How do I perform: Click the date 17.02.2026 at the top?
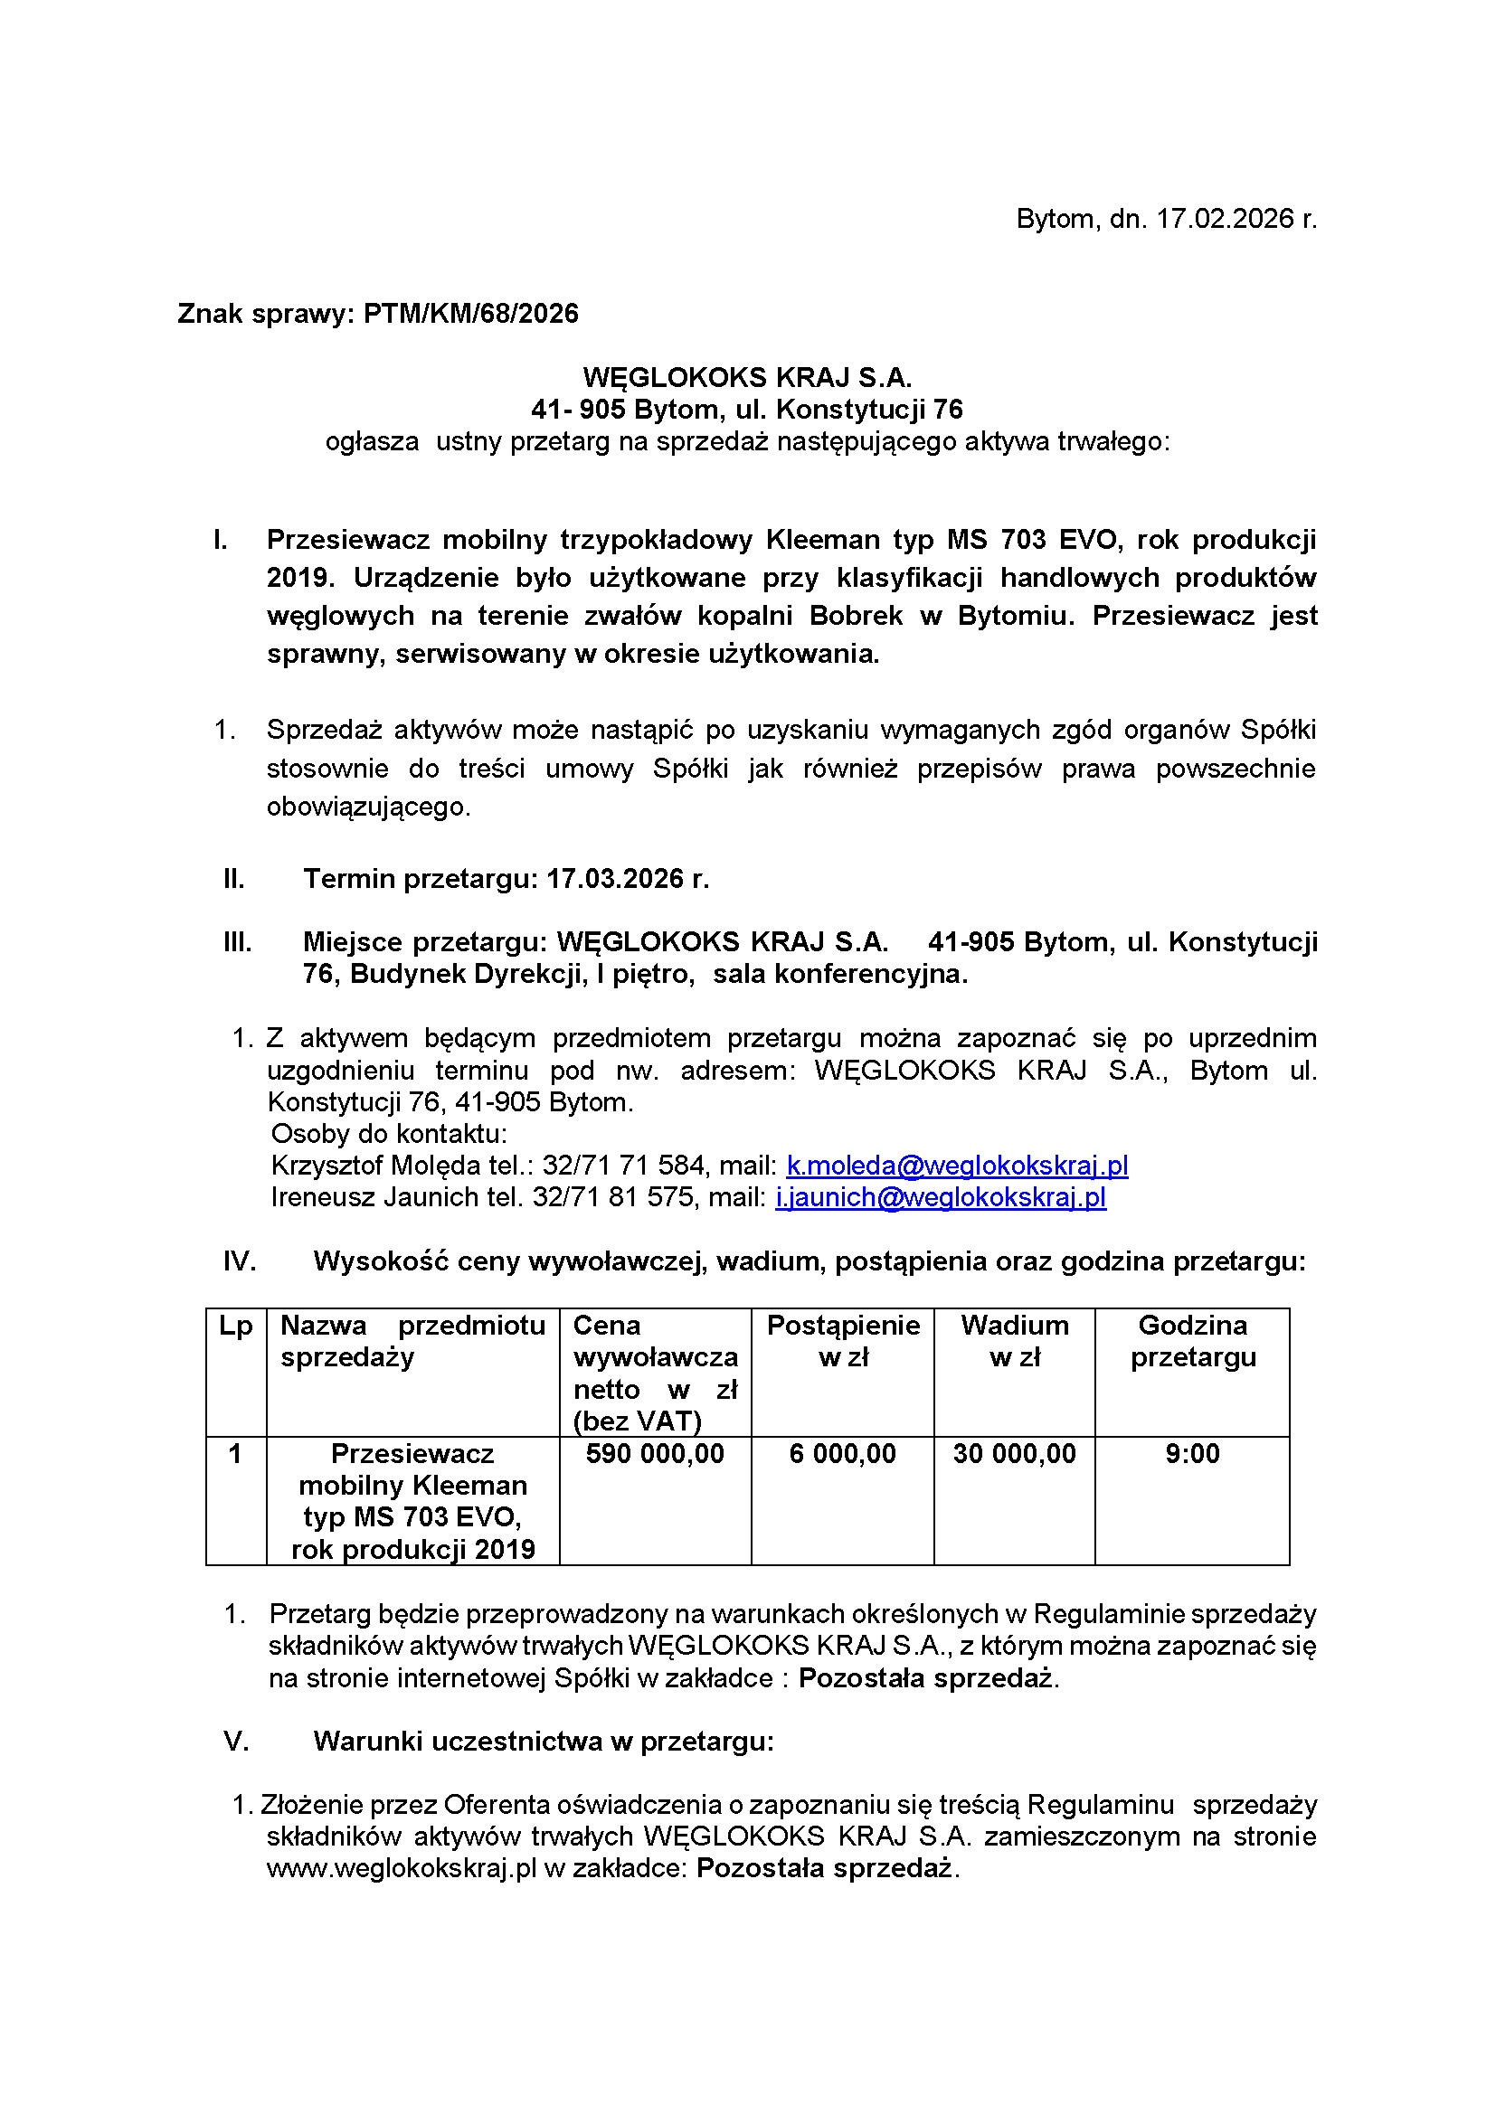click(x=1225, y=219)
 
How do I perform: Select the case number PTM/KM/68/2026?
click(x=470, y=314)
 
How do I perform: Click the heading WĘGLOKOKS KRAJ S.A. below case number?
click(x=747, y=378)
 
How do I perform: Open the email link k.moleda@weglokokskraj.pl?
click(x=957, y=1166)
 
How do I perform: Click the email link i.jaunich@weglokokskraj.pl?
click(x=941, y=1197)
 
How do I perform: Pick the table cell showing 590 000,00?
click(x=655, y=1455)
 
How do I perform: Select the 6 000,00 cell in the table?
click(x=842, y=1455)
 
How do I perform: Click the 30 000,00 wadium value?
click(x=1014, y=1455)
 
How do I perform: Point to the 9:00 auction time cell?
click(x=1192, y=1455)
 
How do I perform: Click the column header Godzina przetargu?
click(x=1193, y=1341)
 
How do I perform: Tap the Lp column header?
click(x=236, y=1327)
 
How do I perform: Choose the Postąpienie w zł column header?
click(x=843, y=1341)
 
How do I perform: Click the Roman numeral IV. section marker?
click(x=240, y=1261)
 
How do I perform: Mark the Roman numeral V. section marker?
click(x=237, y=1742)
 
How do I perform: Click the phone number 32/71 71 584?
click(x=622, y=1166)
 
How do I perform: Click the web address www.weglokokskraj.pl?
click(x=402, y=1869)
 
